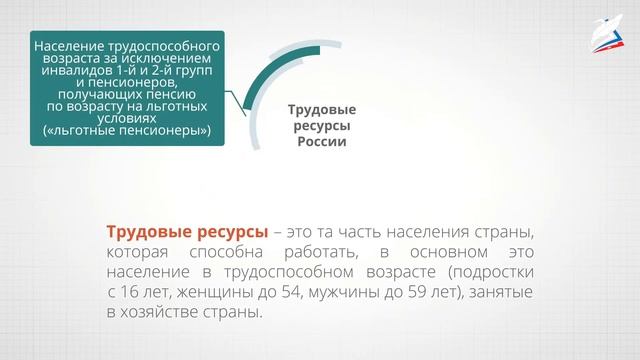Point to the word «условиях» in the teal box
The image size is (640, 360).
click(127, 117)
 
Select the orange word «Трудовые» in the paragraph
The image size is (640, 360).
click(150, 230)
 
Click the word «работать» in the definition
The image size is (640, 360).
click(335, 250)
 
